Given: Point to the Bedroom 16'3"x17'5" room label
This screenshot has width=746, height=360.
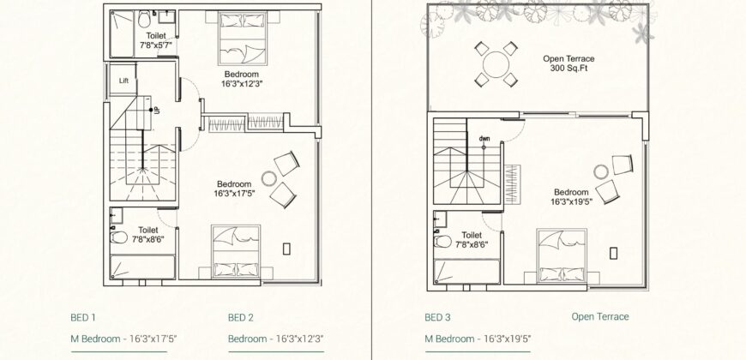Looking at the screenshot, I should pos(233,189).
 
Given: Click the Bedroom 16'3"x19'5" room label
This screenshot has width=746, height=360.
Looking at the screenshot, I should pos(570,196).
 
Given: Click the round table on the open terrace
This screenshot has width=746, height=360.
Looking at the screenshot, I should pos(496,64).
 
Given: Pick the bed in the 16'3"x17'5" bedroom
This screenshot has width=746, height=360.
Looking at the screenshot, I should pos(234,251).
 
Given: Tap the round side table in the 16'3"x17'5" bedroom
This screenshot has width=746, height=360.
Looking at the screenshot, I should pos(268,179).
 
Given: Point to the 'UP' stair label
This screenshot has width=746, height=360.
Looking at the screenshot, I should pos(156,109).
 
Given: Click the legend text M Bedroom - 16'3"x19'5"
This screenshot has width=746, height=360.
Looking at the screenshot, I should pos(479,339).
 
